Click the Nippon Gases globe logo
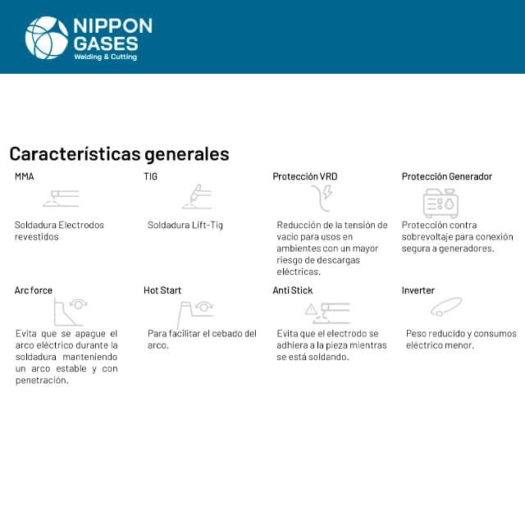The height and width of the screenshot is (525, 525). coord(47,38)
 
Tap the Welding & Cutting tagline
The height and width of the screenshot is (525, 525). coord(106,57)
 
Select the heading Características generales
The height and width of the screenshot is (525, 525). coord(119,154)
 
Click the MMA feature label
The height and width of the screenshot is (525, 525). coord(25,176)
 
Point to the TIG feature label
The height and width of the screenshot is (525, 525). coord(150,176)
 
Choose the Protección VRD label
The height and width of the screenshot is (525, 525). coord(304,176)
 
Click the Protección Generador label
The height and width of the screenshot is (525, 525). coord(447,176)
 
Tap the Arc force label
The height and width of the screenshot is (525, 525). coord(33,290)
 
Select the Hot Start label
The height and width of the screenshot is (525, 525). coord(162,290)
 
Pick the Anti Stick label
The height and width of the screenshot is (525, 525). coord(293,290)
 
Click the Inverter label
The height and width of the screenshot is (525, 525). coord(418,290)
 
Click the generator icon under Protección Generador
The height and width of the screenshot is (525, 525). coord(441,202)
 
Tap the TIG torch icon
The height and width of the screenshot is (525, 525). coord(197,198)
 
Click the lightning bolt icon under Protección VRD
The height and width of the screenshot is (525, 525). coord(327,194)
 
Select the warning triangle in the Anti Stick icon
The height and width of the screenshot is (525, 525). coord(311,309)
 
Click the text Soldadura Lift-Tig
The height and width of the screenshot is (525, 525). coord(185,225)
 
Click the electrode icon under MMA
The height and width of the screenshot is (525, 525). coord(62,198)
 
